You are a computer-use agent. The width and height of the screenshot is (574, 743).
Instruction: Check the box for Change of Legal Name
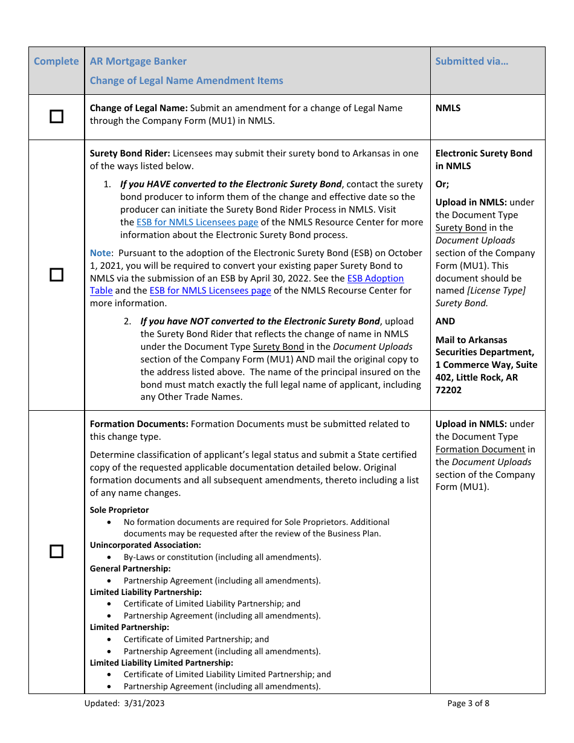[56, 117]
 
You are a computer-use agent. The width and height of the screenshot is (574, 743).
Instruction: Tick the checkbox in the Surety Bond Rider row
[56, 275]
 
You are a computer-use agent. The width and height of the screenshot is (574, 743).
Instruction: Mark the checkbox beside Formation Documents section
[56, 551]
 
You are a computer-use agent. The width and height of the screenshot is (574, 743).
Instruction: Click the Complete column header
[56, 61]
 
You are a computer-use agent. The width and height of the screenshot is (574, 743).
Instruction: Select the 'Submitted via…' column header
[472, 61]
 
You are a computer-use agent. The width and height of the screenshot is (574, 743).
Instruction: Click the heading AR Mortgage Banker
[138, 61]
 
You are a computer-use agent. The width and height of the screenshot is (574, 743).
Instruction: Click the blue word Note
[100, 253]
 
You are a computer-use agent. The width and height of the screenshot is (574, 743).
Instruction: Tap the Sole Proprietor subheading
[119, 510]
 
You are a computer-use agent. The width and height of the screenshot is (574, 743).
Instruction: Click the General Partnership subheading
[130, 568]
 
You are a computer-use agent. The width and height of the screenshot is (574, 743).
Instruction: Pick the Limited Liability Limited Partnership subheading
[161, 663]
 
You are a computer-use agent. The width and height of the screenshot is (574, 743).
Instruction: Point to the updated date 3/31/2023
[143, 703]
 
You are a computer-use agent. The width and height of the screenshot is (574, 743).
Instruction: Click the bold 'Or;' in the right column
[442, 184]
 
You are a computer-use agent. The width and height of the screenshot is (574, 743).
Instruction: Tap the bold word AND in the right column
[445, 321]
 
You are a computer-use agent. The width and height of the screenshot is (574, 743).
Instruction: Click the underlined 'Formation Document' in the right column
[480, 449]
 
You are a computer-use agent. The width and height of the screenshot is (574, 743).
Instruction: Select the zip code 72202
[448, 390]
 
